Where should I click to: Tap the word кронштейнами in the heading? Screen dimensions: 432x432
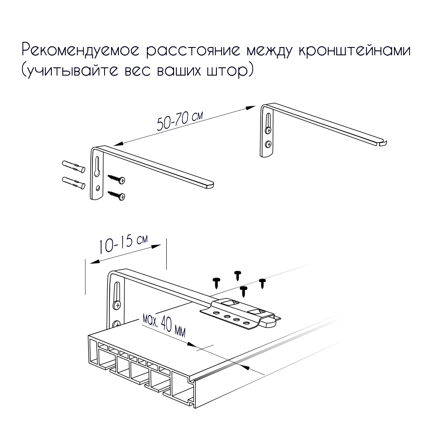pos(354,51)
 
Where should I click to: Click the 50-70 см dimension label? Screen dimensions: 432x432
pos(180,121)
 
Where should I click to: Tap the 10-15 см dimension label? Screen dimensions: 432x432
pos(123,244)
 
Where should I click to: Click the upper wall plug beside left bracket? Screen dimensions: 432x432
pos(73,167)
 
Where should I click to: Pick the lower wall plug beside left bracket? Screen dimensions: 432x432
pos(73,183)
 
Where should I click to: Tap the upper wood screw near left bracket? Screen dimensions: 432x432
pos(117,179)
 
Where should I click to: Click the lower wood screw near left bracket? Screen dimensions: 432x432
pos(117,195)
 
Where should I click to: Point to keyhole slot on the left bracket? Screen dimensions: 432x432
pos(97,166)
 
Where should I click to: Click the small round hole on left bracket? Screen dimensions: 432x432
pos(98,188)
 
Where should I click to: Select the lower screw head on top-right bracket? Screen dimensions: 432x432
pos(268,144)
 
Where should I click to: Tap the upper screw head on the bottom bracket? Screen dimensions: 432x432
pos(117,305)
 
